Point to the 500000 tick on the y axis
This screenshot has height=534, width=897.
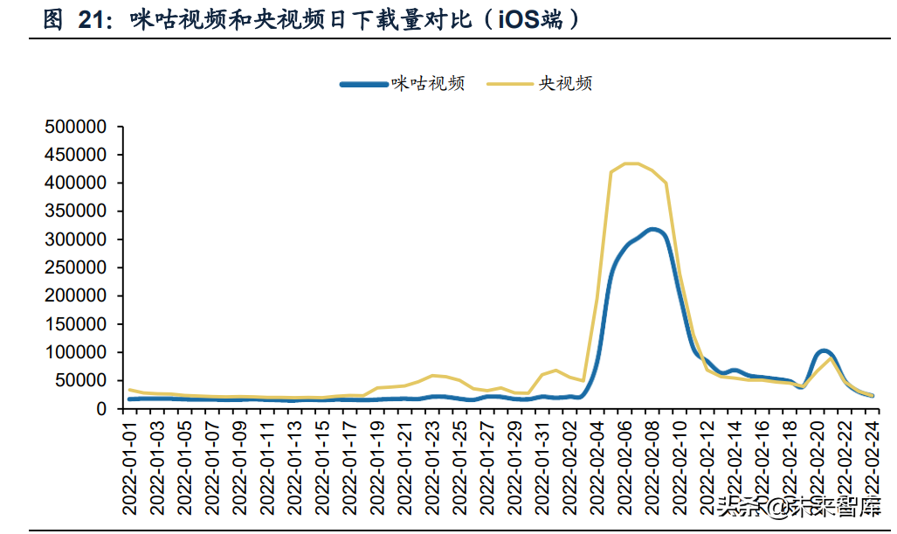click(75, 127)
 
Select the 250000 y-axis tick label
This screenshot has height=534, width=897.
click(75, 267)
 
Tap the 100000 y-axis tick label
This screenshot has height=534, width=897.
click(75, 352)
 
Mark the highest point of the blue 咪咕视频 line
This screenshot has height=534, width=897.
click(652, 230)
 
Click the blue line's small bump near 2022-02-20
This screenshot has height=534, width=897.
click(823, 351)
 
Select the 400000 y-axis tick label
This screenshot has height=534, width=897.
click(75, 183)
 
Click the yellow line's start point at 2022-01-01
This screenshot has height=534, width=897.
click(130, 390)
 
